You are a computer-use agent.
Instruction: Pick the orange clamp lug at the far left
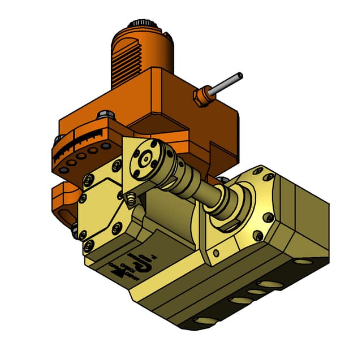[x=62, y=202]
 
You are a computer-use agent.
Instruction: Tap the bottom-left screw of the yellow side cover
[x=88, y=245]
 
